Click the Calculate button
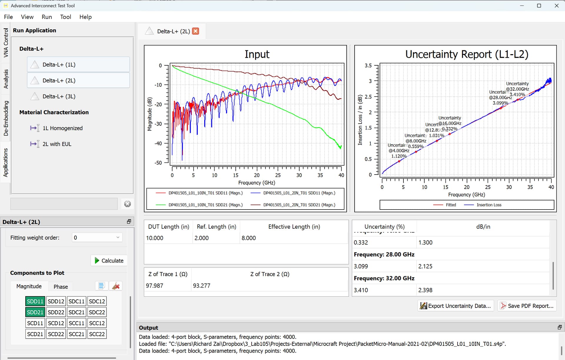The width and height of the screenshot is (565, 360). tap(109, 261)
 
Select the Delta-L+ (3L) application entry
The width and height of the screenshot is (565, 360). tap(59, 96)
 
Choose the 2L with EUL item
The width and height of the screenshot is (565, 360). tap(57, 144)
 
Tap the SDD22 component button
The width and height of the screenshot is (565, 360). tap(56, 312)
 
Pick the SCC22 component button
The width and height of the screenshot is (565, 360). tap(97, 334)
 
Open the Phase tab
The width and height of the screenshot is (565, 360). tap(61, 286)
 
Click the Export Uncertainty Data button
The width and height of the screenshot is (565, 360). tap(456, 306)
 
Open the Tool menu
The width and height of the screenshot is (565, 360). tap(66, 17)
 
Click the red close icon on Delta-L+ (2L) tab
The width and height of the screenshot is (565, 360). tap(195, 31)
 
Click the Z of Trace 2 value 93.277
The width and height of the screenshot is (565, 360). tap(202, 286)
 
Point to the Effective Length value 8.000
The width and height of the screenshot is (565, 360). tap(249, 238)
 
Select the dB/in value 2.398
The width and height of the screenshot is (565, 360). tap(425, 290)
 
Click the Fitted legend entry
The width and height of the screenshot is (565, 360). tap(451, 205)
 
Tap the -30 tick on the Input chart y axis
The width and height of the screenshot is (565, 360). tap(158, 124)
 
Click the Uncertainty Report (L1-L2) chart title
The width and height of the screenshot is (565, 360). tap(467, 54)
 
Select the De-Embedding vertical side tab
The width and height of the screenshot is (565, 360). tap(6, 118)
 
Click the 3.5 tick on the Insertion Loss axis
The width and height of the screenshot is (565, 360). tap(368, 65)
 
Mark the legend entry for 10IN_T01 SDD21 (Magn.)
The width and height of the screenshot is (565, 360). tap(205, 205)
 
